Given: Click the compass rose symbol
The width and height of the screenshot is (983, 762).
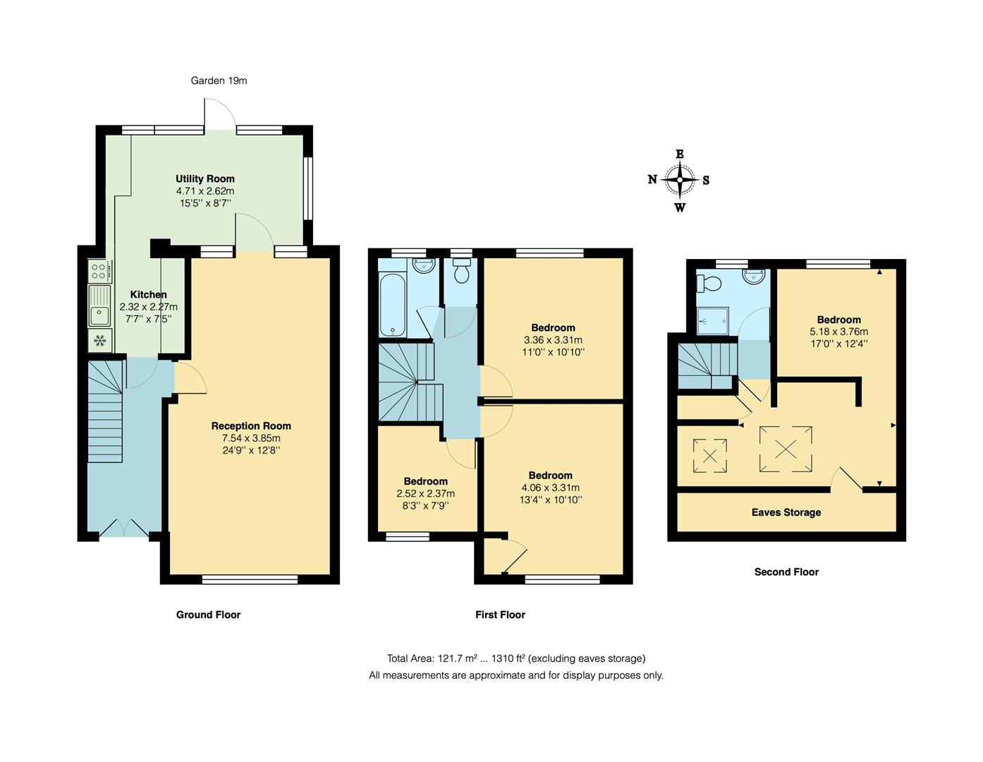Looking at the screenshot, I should point(679,180).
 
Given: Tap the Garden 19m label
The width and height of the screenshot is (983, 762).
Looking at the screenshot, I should point(219,80).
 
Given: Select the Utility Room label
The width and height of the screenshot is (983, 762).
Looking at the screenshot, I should point(205,179).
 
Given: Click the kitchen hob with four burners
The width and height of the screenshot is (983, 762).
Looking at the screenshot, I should point(99,271).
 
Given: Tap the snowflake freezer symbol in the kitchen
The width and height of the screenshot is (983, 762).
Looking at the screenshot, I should point(99,340).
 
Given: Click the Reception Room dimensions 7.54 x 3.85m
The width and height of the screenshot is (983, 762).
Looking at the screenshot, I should point(251,438).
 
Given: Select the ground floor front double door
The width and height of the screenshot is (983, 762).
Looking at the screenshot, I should point(124,529).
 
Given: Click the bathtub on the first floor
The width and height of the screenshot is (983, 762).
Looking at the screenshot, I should point(391,306).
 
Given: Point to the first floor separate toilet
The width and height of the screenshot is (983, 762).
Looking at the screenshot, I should point(462,272).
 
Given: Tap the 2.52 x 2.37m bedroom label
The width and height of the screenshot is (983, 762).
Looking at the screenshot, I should point(425,493).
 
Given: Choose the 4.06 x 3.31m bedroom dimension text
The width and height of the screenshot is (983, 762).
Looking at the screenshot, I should point(550,488).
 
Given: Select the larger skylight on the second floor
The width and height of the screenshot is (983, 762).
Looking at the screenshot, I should point(786,449).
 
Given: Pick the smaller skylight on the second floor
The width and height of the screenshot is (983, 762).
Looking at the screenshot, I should point(710,455).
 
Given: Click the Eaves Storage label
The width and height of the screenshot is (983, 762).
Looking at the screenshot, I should point(786,512).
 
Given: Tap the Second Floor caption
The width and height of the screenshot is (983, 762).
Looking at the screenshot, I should point(786,572).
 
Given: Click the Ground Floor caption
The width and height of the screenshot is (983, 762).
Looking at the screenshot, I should point(208,615).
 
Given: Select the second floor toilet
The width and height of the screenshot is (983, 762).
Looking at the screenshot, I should point(709,284).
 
